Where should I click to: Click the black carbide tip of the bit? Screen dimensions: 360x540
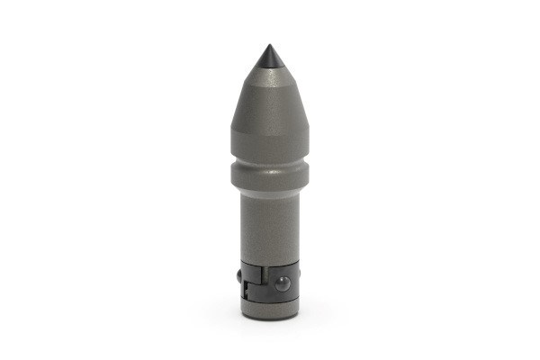(x=269, y=59)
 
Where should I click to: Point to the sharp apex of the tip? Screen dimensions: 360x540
(x=269, y=46)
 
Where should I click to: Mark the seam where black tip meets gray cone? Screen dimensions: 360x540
(x=269, y=70)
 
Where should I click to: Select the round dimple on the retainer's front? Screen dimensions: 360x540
(x=283, y=283)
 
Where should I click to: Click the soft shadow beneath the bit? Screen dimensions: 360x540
(x=269, y=326)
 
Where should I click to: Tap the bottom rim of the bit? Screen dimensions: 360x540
(x=269, y=318)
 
